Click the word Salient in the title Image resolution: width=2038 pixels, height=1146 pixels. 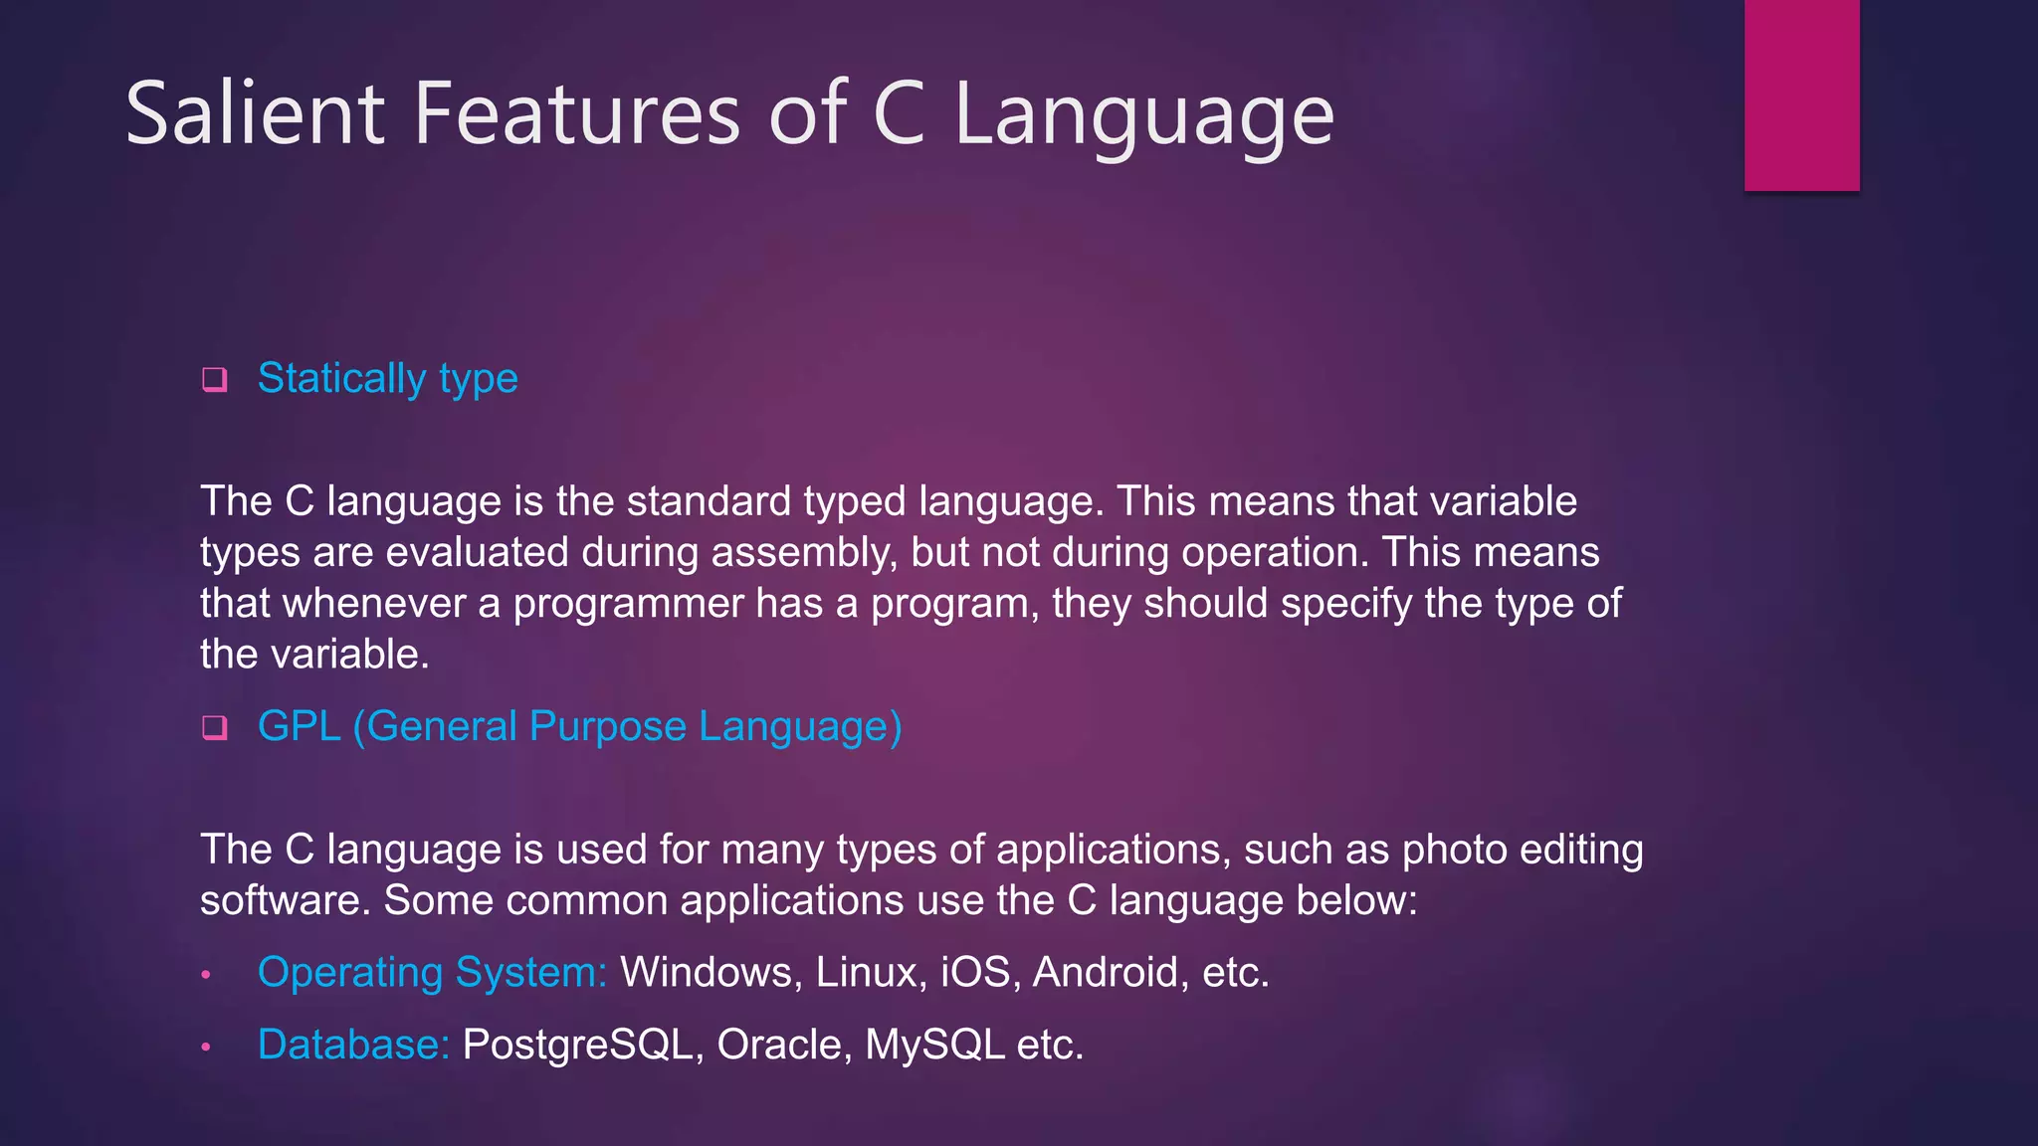tap(255, 113)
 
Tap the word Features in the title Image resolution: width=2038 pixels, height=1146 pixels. tap(577, 113)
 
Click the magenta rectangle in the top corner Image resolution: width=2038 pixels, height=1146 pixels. tap(1801, 95)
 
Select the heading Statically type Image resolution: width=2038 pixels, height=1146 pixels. tap(387, 379)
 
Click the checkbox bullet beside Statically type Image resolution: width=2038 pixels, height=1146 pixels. tap(214, 380)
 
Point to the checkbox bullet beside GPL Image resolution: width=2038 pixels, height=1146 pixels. tap(214, 728)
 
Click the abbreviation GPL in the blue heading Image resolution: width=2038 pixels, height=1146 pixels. tap(299, 726)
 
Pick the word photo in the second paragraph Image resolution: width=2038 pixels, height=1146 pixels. tap(1449, 850)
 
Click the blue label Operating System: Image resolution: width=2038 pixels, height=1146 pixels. tap(432, 972)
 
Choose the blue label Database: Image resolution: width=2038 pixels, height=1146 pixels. tap(353, 1045)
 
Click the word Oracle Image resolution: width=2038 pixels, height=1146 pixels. tap(783, 1045)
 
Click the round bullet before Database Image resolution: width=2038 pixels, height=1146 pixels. tap(206, 1047)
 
